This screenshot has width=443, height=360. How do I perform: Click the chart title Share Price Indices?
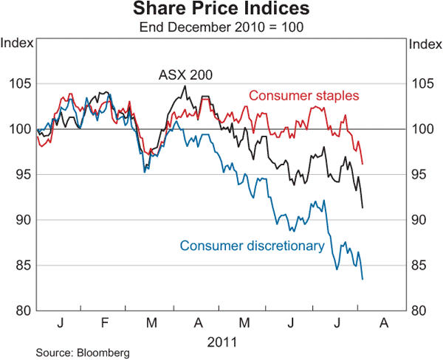(x=221, y=10)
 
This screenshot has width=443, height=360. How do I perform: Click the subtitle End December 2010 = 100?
(x=221, y=27)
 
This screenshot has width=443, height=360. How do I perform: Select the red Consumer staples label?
(x=303, y=96)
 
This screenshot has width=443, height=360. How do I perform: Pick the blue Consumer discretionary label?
(x=252, y=246)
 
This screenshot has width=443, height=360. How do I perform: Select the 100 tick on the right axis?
(x=422, y=129)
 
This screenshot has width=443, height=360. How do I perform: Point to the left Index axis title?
(x=17, y=42)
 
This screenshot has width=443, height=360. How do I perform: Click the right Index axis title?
(x=425, y=42)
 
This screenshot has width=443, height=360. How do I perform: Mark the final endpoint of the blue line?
(x=363, y=279)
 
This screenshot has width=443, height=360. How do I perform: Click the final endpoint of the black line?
(x=363, y=207)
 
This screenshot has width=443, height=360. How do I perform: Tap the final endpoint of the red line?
(x=363, y=164)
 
